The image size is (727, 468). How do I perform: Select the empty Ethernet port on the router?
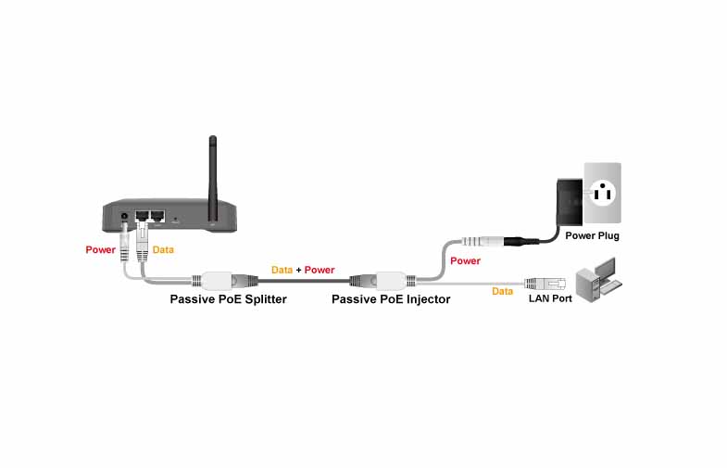tap(157, 217)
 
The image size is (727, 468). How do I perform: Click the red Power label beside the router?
tap(100, 250)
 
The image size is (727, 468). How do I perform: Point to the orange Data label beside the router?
tap(163, 250)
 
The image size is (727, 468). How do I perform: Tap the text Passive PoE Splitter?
tap(228, 299)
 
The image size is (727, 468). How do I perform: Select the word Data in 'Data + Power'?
tap(282, 270)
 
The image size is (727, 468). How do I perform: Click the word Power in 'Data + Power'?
tap(320, 270)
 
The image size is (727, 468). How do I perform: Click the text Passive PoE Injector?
tap(391, 299)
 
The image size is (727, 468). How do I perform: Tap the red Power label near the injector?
tap(465, 261)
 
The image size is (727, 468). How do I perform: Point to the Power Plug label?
tap(592, 236)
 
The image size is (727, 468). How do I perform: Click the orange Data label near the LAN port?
tap(502, 291)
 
